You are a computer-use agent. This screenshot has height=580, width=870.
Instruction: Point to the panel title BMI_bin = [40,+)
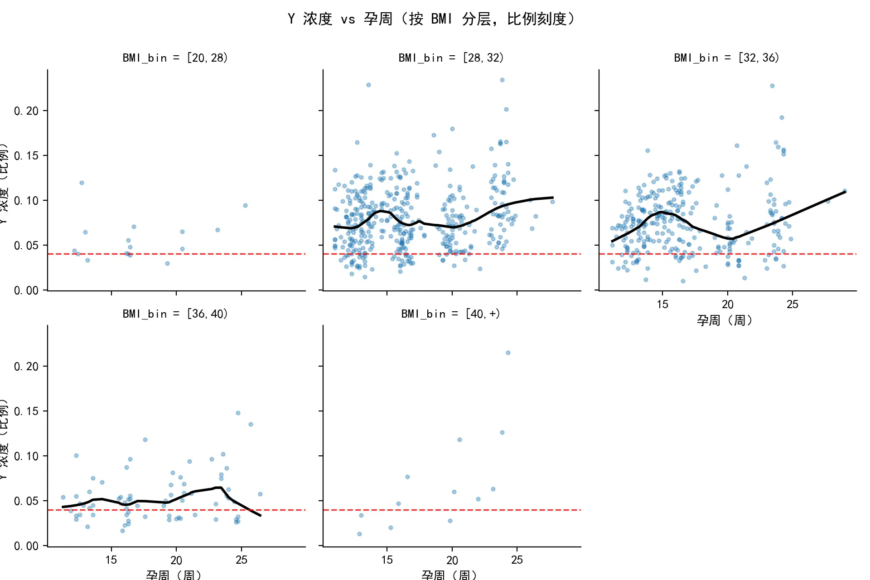click(450, 314)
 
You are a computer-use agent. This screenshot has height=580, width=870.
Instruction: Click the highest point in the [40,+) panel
click(508, 353)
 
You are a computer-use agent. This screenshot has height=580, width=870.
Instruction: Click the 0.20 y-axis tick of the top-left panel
click(26, 111)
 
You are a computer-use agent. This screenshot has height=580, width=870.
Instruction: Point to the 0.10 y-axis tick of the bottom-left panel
click(26, 456)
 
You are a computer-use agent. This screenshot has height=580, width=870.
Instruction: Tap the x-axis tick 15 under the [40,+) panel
click(387, 560)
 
